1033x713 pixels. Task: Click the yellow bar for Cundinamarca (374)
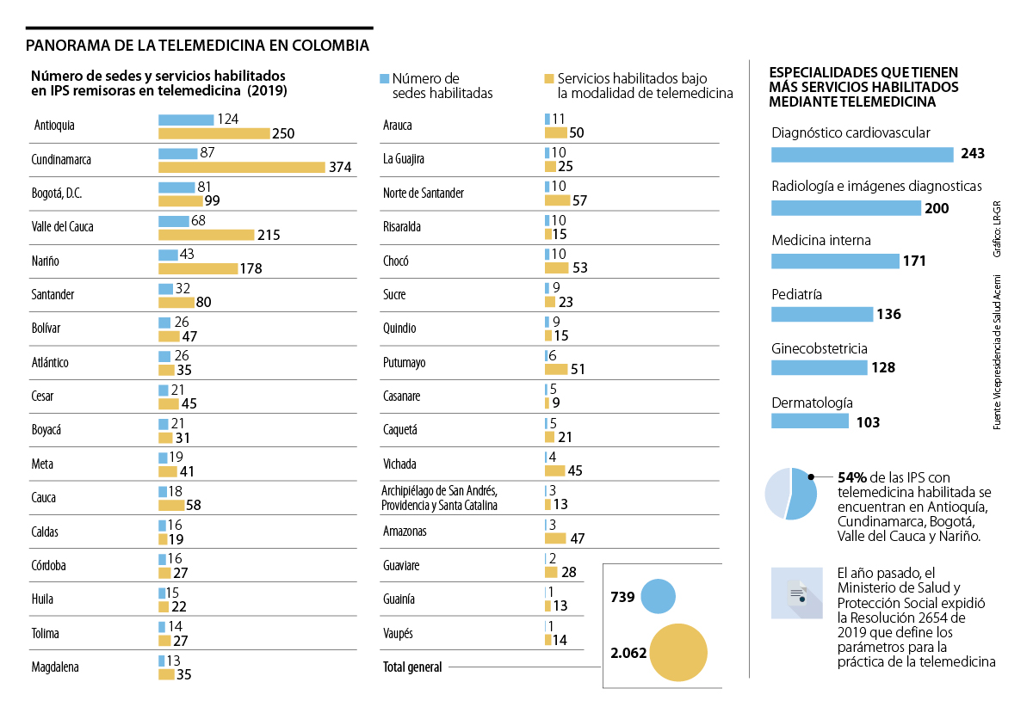[x=241, y=167]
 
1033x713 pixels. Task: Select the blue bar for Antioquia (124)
[x=186, y=120]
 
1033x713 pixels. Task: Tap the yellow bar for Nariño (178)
[x=198, y=268]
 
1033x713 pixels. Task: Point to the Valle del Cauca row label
[x=62, y=227]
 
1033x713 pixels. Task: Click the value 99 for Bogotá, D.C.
[x=211, y=200]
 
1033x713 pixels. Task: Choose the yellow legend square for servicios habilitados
[x=549, y=78]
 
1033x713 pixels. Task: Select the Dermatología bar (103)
[x=810, y=421]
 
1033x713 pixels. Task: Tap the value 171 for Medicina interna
[x=914, y=261]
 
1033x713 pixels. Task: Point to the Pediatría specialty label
[x=796, y=294]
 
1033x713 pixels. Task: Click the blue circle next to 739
[x=658, y=597]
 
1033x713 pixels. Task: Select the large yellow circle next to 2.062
[x=678, y=653]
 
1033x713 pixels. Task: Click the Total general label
[x=412, y=667]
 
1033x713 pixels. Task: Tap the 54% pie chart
[x=790, y=494]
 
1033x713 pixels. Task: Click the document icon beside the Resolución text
[x=796, y=593]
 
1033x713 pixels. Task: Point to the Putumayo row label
[x=404, y=362]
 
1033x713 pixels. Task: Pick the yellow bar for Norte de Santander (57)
[x=556, y=200]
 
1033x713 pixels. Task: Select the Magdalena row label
[x=57, y=667]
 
